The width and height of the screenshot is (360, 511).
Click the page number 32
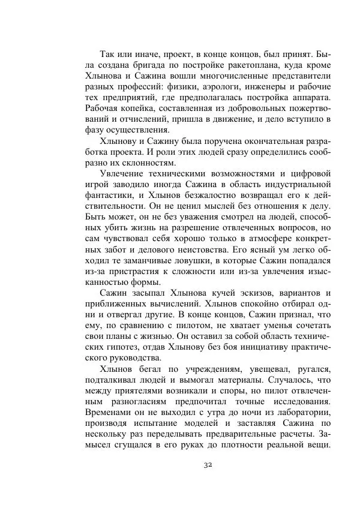[208, 465]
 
